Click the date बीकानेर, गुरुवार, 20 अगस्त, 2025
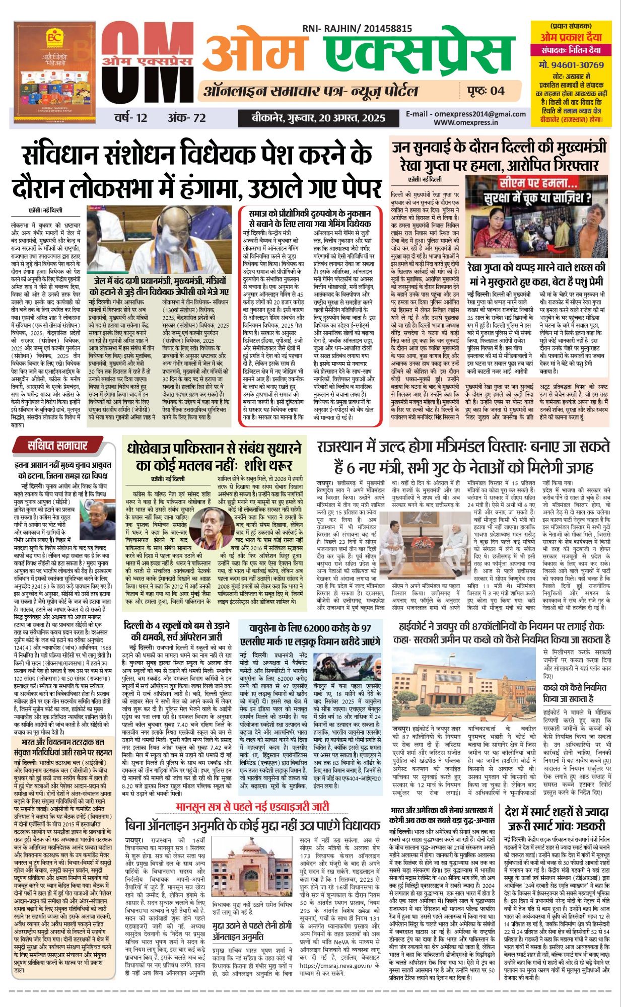point(318,118)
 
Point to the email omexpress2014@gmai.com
point(466,114)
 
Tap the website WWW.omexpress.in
point(465,122)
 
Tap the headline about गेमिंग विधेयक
point(309,219)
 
